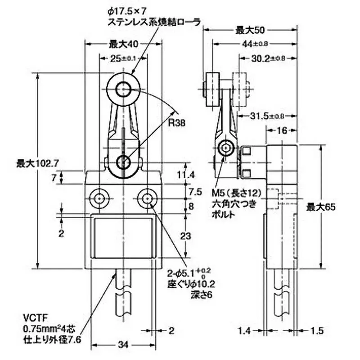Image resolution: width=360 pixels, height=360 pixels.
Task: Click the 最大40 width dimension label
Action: (122, 44)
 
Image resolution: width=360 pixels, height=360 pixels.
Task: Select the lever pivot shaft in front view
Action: (123, 162)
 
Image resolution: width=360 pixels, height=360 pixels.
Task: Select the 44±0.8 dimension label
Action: (255, 44)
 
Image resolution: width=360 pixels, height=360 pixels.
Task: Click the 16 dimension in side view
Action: (281, 130)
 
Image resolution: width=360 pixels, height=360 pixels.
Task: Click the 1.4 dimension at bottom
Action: (245, 331)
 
